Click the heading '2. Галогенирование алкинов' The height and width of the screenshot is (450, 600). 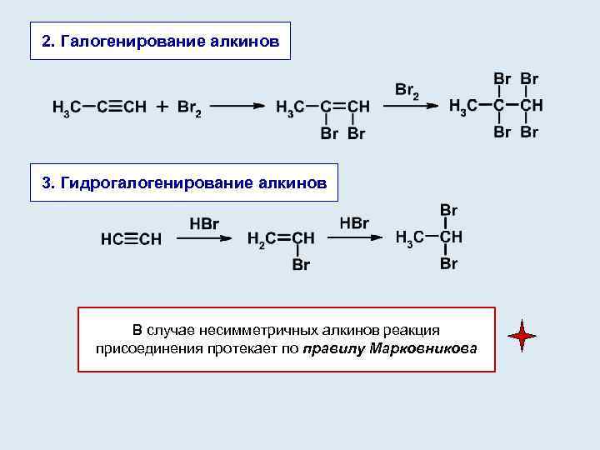point(160,41)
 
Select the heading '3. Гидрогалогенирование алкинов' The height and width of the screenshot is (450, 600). point(184,182)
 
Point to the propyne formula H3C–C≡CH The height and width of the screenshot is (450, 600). point(99,107)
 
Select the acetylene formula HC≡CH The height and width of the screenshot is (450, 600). point(131,240)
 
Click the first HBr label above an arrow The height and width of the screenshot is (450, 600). point(204,222)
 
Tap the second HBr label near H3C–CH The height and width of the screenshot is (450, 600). point(354,222)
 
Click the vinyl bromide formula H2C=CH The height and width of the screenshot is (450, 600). point(281,238)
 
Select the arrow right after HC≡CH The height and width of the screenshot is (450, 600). point(205,238)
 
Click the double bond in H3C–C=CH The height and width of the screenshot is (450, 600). point(338,107)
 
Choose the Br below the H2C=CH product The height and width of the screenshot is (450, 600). point(301,266)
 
